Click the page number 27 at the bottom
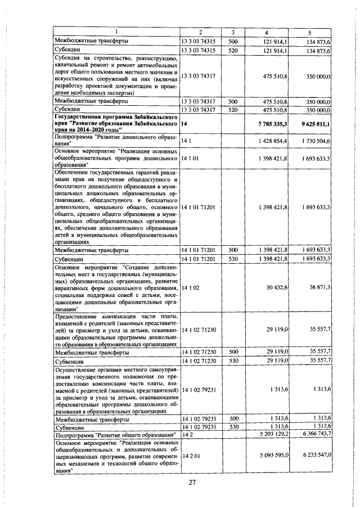coord(192,483)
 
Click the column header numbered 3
coord(232,32)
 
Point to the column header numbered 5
coord(309,32)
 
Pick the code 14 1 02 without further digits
coord(190,287)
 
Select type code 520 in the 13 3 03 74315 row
coord(232,51)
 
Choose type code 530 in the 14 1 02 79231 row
coord(232,427)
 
